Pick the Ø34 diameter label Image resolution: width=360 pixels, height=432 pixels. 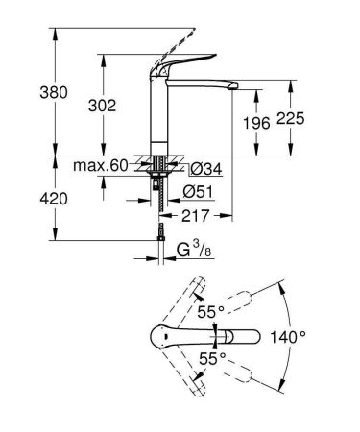click(196, 169)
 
